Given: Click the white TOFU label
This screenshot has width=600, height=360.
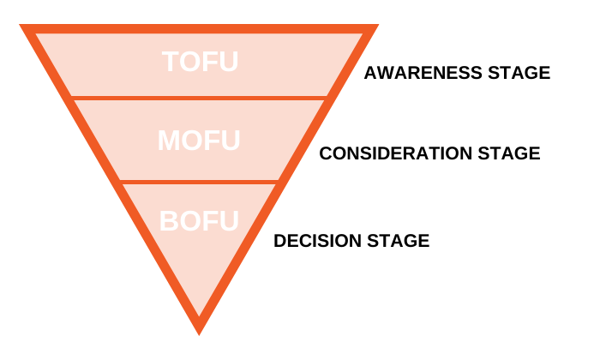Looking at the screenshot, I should point(200,63).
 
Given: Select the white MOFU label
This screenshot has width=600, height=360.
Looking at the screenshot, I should point(199,141).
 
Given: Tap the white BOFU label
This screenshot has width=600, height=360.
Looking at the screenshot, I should point(199,220).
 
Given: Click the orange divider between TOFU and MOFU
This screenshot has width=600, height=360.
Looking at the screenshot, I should point(200,98).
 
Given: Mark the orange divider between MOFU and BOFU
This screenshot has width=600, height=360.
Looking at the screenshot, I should point(200,182).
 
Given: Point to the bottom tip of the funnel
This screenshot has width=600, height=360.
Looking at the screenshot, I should point(199,328).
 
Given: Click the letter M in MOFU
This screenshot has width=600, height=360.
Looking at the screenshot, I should point(170,141).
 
